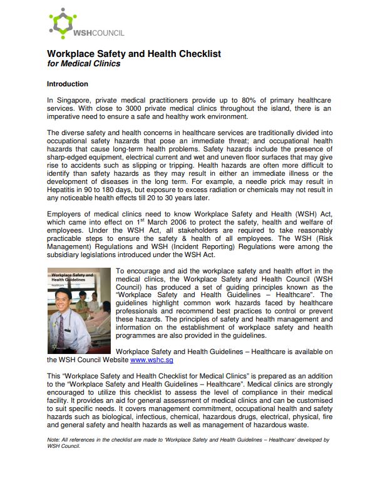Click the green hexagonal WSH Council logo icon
point(61,23)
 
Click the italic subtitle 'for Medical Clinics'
point(84,64)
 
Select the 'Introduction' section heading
point(68,84)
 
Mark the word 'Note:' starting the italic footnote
point(55,440)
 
